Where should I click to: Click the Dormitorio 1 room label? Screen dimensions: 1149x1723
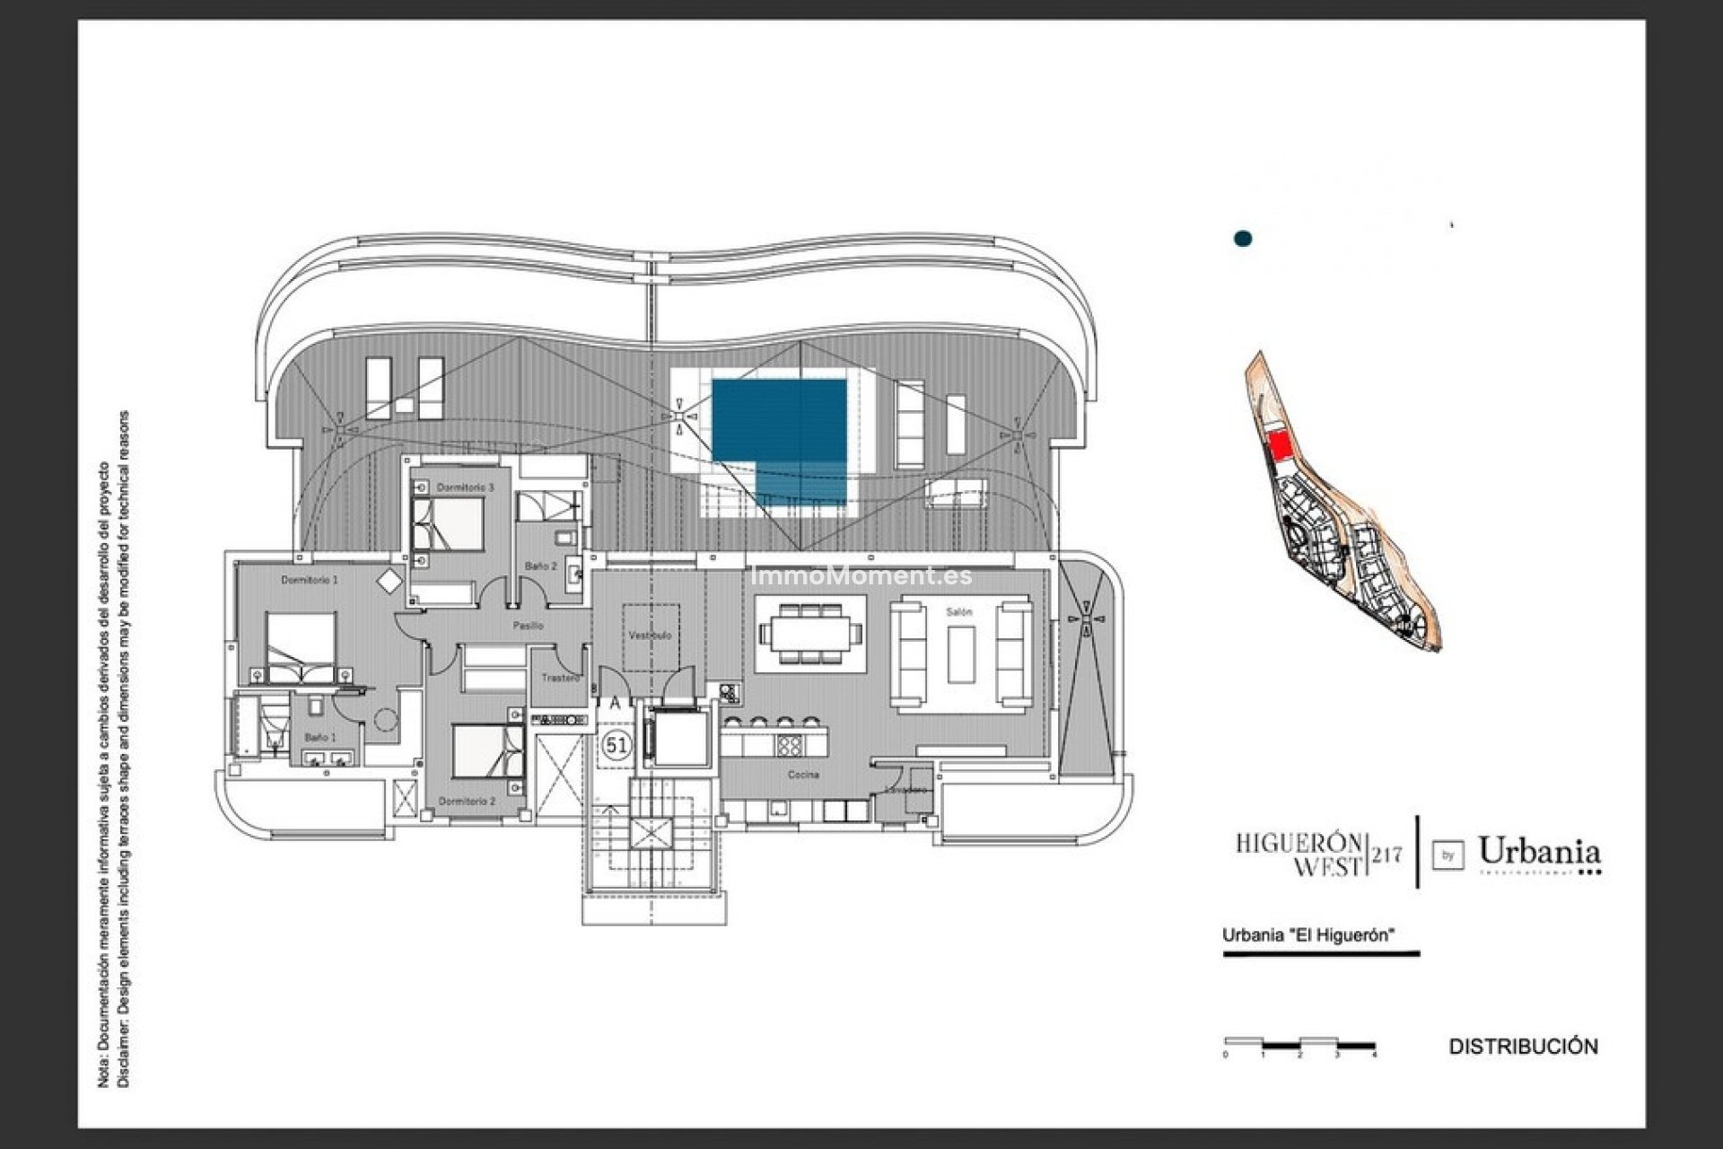click(310, 580)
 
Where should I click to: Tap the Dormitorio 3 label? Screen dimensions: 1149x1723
click(465, 487)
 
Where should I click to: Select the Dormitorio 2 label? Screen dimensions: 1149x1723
click(467, 801)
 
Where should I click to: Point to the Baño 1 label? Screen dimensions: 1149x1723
click(320, 737)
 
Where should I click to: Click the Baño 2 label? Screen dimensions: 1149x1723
click(541, 566)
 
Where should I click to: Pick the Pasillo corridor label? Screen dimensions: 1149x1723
click(528, 626)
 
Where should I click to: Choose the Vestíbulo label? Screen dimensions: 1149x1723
click(650, 636)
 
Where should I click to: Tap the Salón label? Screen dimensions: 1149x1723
click(958, 612)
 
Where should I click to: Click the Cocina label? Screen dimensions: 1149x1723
click(803, 774)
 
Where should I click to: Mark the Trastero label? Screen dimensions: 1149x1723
click(561, 678)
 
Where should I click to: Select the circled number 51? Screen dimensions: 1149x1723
click(617, 745)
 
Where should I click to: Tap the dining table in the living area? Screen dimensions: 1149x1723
click(810, 634)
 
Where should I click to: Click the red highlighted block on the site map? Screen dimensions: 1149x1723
click(1280, 445)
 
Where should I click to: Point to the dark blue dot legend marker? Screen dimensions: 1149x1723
click(1243, 239)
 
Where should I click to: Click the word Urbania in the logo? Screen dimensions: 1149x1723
click(1539, 851)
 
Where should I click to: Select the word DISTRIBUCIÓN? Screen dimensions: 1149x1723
click(1523, 1047)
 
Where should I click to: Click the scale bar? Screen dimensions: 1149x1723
click(1299, 1045)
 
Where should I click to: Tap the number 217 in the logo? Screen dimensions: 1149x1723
click(1386, 854)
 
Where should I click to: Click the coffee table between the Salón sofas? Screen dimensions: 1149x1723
click(961, 654)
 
